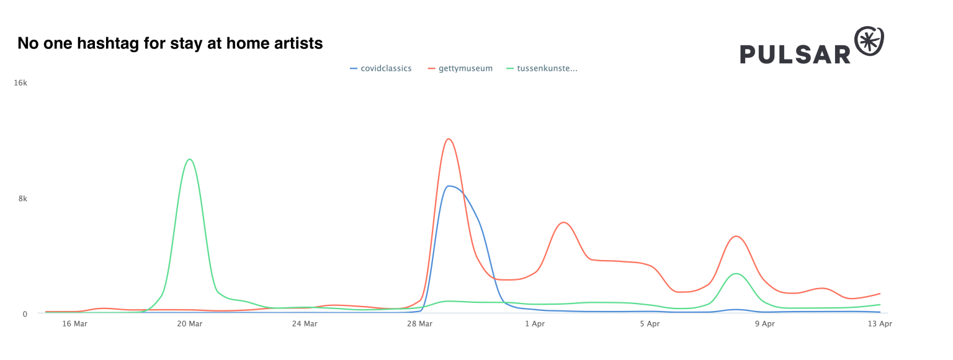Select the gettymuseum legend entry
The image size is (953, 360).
click(465, 69)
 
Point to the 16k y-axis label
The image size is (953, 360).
click(21, 83)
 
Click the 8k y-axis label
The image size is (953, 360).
click(23, 199)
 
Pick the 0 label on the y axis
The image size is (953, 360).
click(25, 313)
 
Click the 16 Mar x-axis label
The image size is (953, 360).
click(74, 323)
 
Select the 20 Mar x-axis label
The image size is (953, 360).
click(190, 323)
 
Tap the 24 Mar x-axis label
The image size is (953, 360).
click(305, 323)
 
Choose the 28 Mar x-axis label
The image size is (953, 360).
click(420, 323)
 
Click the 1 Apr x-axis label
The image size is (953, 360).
click(535, 323)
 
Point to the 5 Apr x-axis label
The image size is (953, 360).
click(650, 323)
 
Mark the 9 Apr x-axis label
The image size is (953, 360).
click(764, 323)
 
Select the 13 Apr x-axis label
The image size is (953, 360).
click(879, 323)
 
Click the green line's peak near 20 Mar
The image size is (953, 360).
click(189, 160)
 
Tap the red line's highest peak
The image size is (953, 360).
click(449, 139)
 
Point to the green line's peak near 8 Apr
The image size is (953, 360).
click(736, 273)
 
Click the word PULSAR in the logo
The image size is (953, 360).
click(795, 54)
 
